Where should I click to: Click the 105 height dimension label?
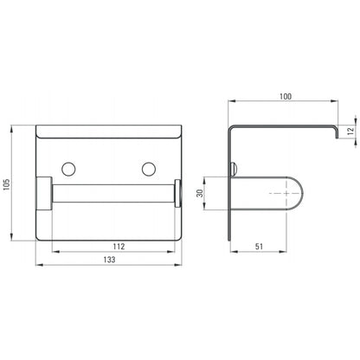[x=6, y=184]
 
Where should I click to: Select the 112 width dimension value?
[x=119, y=247]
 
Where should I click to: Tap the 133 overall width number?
[x=109, y=260]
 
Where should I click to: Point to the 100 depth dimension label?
[x=286, y=96]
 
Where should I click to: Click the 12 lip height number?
[x=350, y=132]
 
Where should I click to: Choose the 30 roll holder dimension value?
[x=200, y=193]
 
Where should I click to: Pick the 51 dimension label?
[x=259, y=247]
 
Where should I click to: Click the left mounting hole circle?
[x=68, y=170]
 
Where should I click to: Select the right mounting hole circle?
[x=149, y=170]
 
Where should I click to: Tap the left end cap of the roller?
[x=44, y=193]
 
